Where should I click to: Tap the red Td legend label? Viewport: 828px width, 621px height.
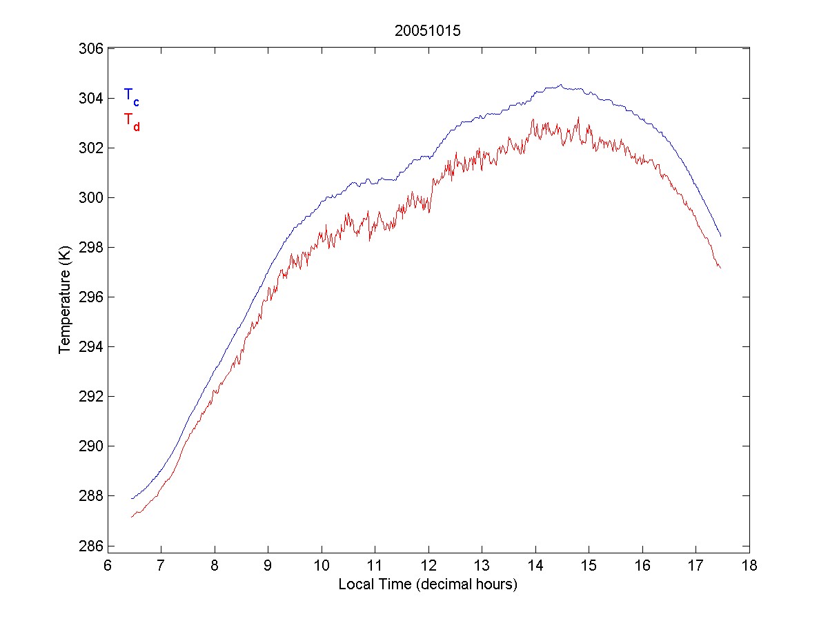131,121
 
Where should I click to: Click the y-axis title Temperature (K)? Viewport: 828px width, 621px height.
65,296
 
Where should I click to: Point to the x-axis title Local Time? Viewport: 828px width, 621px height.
428,584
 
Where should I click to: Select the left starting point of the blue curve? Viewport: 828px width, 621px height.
131,498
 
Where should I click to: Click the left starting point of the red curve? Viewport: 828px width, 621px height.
131,517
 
